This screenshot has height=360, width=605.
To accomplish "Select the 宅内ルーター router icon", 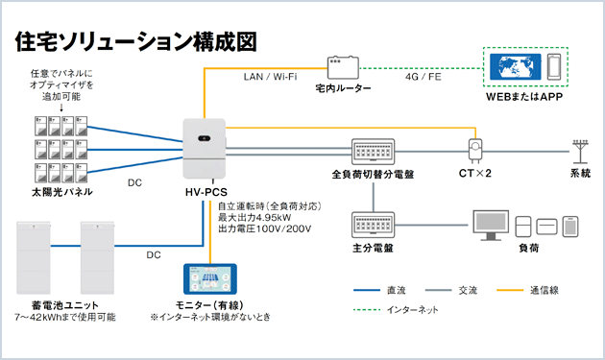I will [342, 68].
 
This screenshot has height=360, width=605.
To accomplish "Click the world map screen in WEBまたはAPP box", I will [517, 68].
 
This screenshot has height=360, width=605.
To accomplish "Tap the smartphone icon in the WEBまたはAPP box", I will [556, 68].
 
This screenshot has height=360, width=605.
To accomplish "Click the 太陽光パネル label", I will [61, 193].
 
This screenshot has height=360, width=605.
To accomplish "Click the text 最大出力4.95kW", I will [252, 218].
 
